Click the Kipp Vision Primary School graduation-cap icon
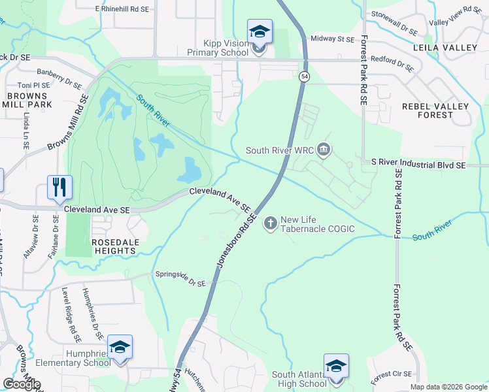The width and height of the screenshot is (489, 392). (259, 31)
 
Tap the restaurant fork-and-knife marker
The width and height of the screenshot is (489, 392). (60, 188)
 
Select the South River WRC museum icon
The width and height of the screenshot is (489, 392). (324, 151)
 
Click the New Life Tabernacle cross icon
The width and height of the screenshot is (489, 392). (270, 224)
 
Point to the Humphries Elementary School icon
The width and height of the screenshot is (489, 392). (120, 348)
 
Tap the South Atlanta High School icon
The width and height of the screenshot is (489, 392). (336, 366)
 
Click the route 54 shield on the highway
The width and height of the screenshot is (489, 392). (305, 76)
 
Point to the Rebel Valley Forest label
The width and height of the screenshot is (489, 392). (436, 110)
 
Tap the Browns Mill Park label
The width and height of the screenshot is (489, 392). (29, 100)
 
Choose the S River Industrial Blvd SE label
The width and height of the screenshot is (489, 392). (418, 166)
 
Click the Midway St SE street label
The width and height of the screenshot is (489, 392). (332, 39)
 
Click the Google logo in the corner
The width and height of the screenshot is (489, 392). (22, 384)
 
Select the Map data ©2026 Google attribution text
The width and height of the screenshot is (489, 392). (448, 387)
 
